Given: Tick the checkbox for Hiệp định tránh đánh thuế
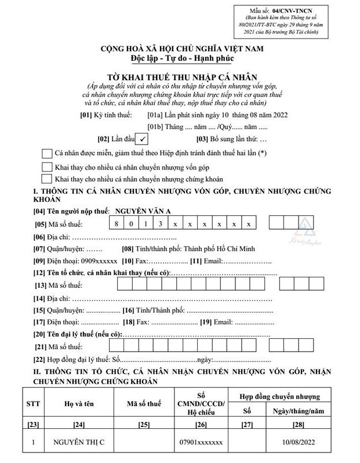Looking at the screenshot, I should point(47,153).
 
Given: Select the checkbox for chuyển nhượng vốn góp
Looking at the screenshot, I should point(47,167).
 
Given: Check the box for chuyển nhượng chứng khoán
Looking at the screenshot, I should point(47,179).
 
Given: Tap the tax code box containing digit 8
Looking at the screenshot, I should point(117,223).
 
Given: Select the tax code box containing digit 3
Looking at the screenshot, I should point(160,223).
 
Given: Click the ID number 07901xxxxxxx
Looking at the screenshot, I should point(201,443).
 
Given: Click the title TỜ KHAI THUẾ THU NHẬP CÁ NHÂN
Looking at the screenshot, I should point(179,76).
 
